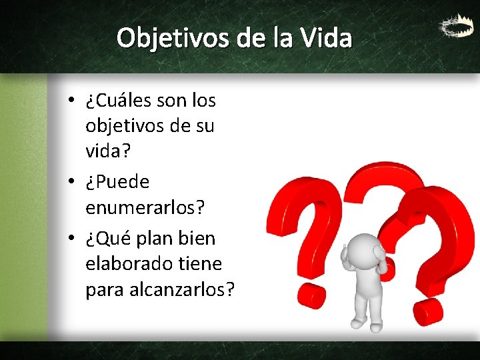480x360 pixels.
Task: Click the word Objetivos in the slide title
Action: [175, 38]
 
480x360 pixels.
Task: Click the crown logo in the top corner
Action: [453, 27]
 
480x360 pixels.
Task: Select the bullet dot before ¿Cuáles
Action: [71, 102]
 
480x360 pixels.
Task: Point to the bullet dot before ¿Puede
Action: [71, 182]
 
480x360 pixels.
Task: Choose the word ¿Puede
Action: [117, 181]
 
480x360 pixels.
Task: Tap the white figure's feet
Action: [367, 325]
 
